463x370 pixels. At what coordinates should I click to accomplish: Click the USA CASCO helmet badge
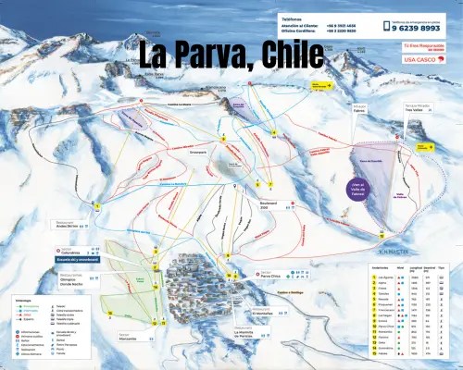click(419, 60)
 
